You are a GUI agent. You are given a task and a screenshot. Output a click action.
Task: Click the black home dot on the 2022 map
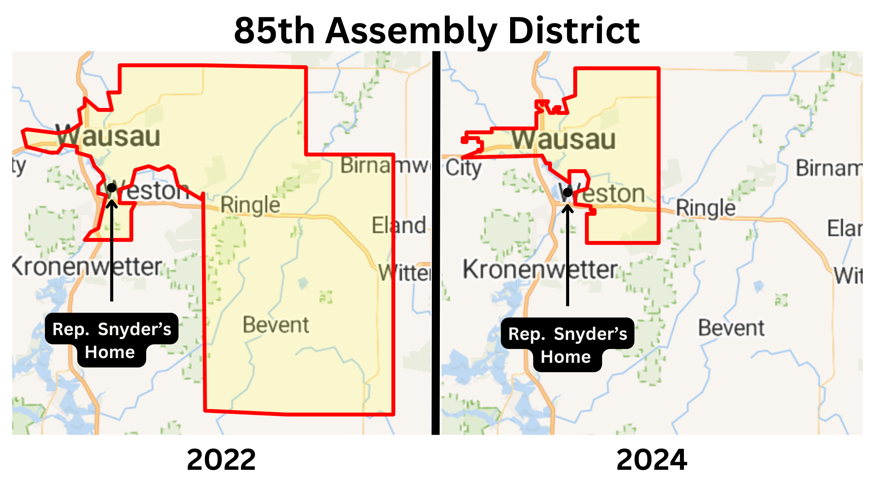point(112,187)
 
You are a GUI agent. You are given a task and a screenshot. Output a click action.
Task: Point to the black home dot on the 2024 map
point(567,193)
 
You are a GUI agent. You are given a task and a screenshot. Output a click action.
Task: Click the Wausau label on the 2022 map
point(108,136)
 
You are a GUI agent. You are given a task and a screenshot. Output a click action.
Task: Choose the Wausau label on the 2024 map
point(563,139)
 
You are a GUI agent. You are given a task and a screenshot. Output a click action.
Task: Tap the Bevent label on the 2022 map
point(276,325)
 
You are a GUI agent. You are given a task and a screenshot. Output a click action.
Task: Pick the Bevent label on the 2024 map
point(731,328)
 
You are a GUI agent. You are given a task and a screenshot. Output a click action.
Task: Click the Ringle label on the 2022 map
point(250,205)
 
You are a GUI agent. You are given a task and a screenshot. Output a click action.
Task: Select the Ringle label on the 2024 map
point(706,208)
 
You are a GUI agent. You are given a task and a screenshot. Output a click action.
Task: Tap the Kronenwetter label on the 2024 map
point(540,270)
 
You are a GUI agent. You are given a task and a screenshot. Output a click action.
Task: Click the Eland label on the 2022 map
point(399,225)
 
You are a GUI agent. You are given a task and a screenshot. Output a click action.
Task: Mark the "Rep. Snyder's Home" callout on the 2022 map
point(111,340)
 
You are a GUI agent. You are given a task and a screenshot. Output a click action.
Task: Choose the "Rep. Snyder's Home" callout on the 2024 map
point(567,345)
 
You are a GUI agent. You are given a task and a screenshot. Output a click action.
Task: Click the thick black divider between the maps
point(436,243)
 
